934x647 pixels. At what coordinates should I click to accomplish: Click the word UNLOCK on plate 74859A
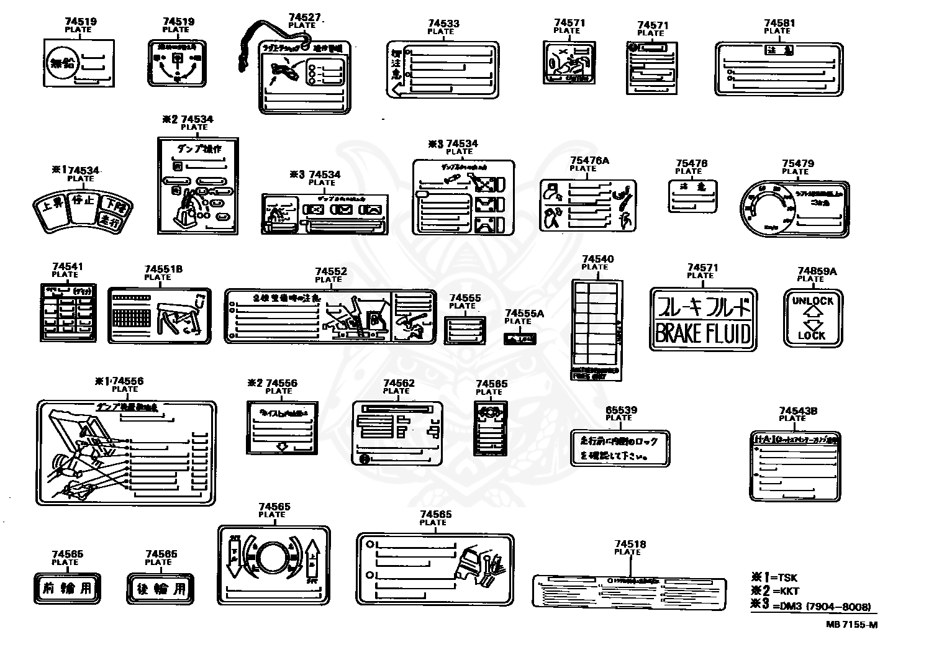[x=812, y=301]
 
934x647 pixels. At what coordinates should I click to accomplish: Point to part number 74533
[x=443, y=24]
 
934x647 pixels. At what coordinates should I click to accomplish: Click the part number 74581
[x=779, y=23]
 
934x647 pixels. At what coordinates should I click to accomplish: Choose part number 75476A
[x=589, y=160]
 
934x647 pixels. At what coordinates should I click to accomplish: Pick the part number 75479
[x=797, y=163]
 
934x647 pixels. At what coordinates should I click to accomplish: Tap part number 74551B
[x=163, y=269]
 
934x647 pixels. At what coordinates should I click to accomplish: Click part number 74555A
[x=524, y=314]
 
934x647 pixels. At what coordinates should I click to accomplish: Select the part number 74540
[x=597, y=259]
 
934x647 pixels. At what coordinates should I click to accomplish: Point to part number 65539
[x=620, y=410]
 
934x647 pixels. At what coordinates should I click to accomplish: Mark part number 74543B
[x=798, y=410]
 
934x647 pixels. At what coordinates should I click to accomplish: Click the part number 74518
[x=630, y=544]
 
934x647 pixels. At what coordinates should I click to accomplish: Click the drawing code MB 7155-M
[x=851, y=625]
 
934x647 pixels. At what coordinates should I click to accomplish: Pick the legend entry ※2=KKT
[x=775, y=591]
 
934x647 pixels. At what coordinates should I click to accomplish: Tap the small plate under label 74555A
[x=520, y=338]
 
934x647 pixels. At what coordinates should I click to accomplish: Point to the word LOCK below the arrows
[x=812, y=336]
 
